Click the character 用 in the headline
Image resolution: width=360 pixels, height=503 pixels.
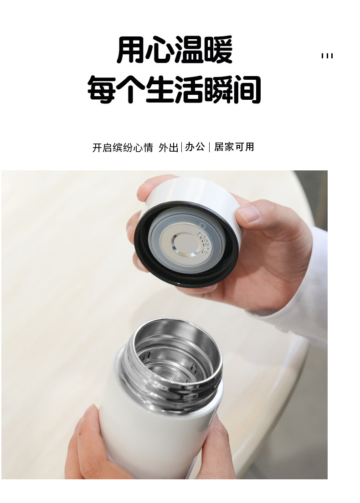coord(131,51)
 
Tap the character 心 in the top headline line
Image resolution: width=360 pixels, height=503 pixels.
coord(160,51)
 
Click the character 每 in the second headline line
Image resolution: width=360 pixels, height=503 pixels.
coord(102,90)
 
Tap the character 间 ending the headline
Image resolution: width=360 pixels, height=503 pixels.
coord(247,90)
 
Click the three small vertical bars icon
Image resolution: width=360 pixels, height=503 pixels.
coord(327,56)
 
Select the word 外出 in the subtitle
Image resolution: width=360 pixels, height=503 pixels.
coord(168,148)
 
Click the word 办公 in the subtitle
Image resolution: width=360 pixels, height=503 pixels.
coord(195,147)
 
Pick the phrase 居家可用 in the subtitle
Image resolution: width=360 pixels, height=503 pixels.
coord(234,147)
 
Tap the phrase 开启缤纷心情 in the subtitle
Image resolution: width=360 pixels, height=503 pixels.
coord(123,148)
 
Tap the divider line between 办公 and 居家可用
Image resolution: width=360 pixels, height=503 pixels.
coord(210,147)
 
